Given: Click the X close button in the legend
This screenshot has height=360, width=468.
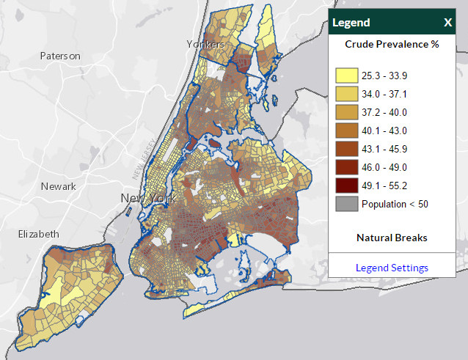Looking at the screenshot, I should pos(447,23).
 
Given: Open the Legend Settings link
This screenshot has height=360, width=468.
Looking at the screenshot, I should pos(392,268).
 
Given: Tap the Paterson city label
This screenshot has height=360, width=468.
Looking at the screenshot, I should pos(59,56).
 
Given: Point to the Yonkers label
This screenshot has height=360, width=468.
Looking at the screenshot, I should pos(205,45).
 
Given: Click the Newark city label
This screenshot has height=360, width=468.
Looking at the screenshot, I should pos(59,186).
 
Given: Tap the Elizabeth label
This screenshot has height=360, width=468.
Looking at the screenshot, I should pos(38,234).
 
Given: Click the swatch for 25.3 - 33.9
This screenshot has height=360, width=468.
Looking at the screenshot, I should pos(346,76).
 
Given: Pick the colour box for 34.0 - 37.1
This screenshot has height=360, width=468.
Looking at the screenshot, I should pos(346,94).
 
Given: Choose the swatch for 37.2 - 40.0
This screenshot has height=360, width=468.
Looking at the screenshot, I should pos(346,112).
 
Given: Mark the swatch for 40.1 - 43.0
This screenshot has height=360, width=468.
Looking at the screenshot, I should pos(346,131).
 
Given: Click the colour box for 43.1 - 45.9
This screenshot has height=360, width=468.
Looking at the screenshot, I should pos(346,149).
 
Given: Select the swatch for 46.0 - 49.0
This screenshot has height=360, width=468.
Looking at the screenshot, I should pos(346,167).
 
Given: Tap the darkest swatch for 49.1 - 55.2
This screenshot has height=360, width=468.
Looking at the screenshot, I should pos(346,185).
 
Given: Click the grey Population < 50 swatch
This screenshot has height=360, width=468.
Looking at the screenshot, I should pos(346,204).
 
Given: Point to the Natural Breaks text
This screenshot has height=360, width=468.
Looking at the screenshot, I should pos(392,238).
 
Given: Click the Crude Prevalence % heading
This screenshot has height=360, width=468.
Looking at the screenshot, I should pos(392,44).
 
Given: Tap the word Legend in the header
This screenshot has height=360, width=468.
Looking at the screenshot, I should pos(351,23).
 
